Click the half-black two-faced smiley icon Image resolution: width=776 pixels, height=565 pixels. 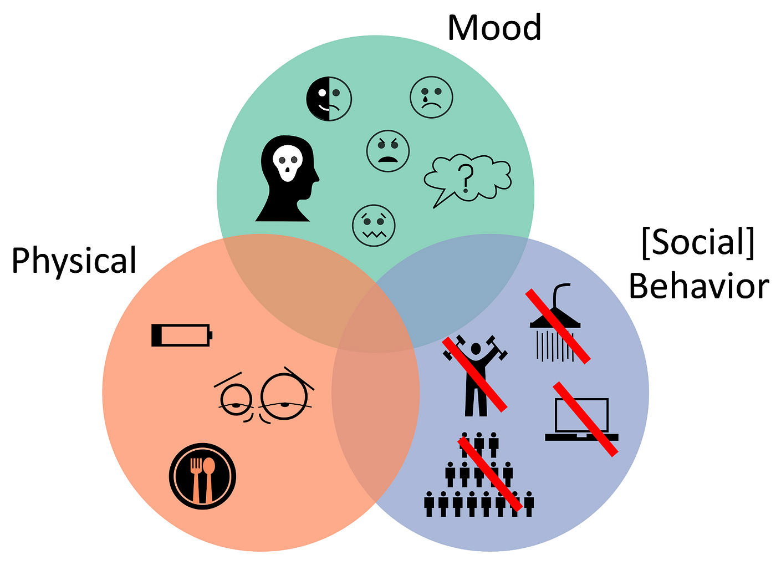329,99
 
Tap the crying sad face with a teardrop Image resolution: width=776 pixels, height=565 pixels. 431,97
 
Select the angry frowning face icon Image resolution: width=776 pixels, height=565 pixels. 388,151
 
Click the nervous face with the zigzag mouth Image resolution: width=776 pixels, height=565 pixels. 374,226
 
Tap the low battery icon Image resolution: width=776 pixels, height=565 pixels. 181,335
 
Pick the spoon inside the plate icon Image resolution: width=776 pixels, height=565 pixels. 209,477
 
